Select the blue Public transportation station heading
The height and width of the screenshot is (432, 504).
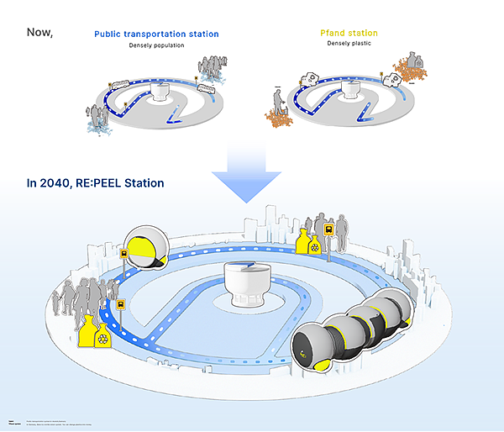click(156, 34)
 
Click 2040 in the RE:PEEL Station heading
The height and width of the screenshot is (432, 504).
click(54, 182)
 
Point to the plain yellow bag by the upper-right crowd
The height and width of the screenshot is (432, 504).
click(300, 241)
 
